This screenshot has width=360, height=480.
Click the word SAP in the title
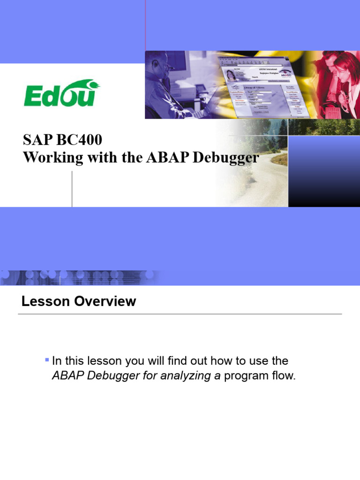tap(36, 141)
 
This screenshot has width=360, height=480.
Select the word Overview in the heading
tap(106, 301)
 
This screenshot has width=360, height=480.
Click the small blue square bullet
tap(47, 360)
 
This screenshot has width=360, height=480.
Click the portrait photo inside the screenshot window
tap(231, 75)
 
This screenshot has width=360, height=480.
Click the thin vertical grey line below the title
tap(72, 188)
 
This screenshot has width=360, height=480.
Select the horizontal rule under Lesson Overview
tap(180, 314)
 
